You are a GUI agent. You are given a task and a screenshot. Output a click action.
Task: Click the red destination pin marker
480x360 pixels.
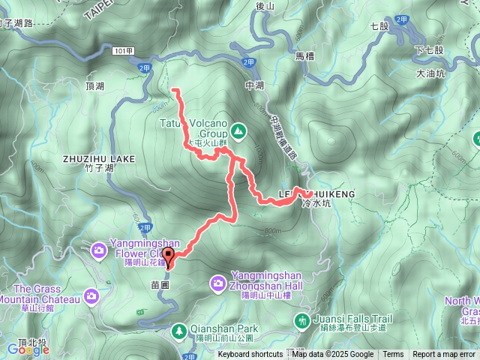coord(168,257)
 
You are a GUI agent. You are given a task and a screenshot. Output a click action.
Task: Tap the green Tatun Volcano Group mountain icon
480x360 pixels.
coord(238,131)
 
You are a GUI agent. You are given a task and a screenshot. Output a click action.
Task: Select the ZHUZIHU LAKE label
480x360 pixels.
coord(99,159)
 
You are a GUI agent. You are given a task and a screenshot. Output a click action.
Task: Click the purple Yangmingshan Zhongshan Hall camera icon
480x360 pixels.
coord(218,283)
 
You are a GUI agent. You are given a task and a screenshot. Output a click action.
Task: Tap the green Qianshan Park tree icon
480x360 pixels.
coord(180,329)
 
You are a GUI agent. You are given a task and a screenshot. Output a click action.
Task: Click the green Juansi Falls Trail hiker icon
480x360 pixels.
coord(302,321)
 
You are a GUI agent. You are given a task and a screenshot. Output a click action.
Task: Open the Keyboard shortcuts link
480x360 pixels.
coord(250,355)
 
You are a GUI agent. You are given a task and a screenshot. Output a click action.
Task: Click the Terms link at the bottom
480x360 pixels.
coord(393,355)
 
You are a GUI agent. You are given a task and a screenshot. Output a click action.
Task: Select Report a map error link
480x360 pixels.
coord(444,355)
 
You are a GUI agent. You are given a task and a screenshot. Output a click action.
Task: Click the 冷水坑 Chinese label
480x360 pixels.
coord(315,203)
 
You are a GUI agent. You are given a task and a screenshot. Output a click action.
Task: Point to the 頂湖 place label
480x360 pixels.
coord(95,87)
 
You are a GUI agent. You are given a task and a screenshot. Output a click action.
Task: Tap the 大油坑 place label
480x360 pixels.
coord(430,73)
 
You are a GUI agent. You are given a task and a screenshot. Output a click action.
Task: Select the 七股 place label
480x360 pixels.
coord(380,25)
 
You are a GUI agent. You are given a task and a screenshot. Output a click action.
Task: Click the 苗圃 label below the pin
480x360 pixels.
coord(160,286)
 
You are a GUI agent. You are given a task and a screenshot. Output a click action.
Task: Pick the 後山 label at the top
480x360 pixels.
coord(266,6)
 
